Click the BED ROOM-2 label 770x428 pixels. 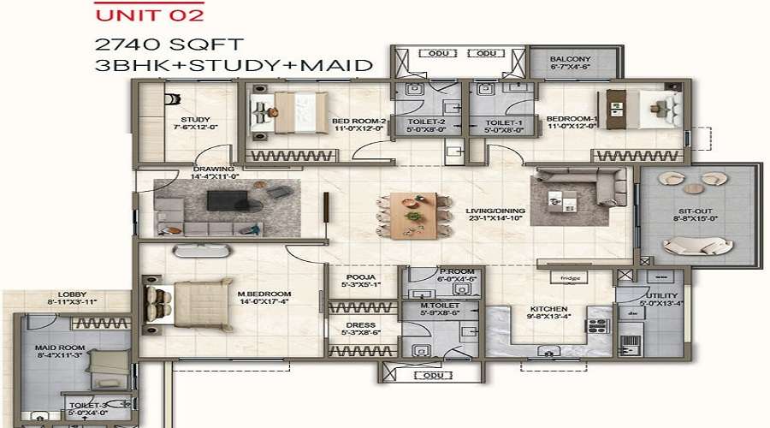tap(360, 122)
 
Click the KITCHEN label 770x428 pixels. tap(549, 312)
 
